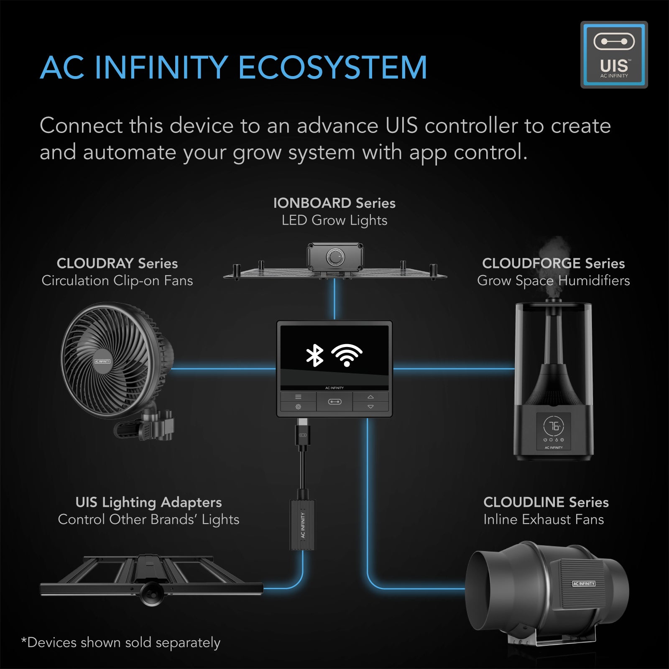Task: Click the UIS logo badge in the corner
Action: [614, 54]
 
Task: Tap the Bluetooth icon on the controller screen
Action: [315, 355]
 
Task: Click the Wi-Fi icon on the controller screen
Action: [347, 355]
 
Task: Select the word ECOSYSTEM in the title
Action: [332, 68]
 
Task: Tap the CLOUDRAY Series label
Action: [117, 263]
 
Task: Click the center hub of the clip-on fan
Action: [102, 361]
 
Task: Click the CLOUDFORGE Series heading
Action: [553, 263]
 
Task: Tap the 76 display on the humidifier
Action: [554, 426]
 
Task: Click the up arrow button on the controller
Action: [370, 397]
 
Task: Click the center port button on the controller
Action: [334, 402]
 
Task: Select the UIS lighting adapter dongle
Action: [302, 525]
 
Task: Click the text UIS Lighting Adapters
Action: [148, 502]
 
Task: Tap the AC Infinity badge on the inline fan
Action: [583, 584]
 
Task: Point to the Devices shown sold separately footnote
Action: [121, 643]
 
